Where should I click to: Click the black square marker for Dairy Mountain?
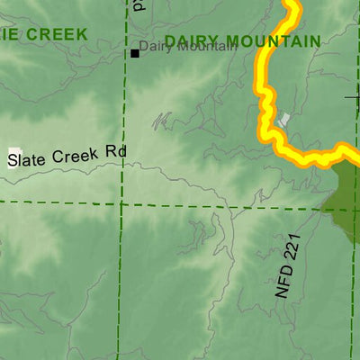(x=135, y=53)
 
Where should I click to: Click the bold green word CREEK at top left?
(x=58, y=34)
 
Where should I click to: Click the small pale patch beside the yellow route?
(x=285, y=119)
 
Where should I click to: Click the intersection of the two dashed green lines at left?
(x=121, y=203)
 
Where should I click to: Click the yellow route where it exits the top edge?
(x=291, y=4)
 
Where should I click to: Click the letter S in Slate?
(x=13, y=161)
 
